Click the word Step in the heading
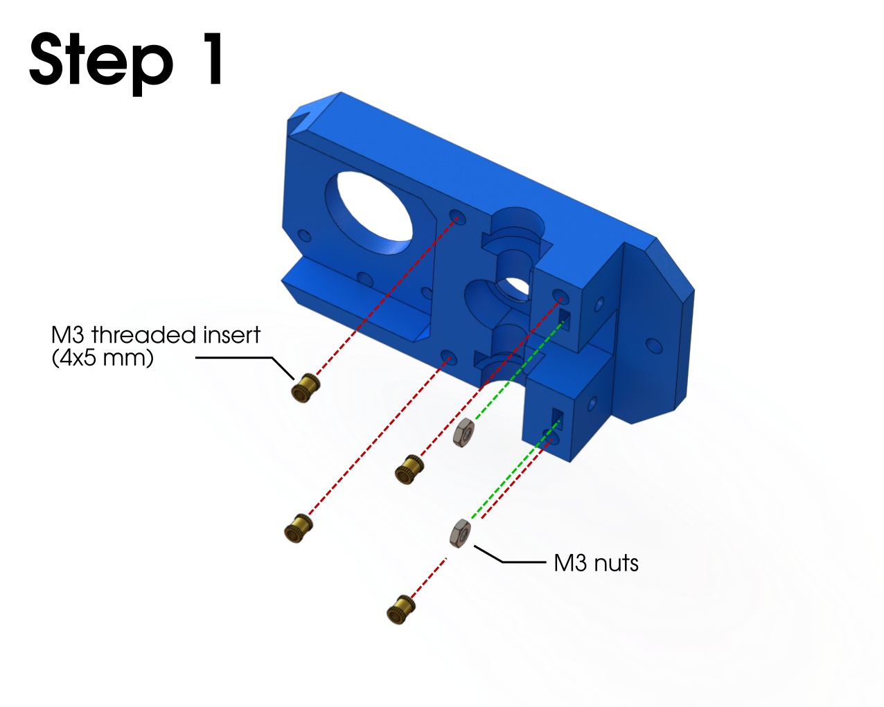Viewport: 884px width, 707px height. pos(101,63)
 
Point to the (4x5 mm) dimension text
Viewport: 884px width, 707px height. pos(103,357)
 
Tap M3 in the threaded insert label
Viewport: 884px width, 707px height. pos(67,334)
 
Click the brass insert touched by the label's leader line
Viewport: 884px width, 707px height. pos(306,388)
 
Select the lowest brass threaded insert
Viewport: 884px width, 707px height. pos(401,609)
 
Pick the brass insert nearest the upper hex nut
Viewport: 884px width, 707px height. pos(409,469)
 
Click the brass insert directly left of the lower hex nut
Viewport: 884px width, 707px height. pos(298,528)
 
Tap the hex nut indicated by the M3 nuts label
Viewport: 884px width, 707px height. pos(460,533)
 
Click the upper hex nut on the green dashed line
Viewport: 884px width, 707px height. pos(463,432)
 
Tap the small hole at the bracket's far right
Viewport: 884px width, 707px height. pos(653,346)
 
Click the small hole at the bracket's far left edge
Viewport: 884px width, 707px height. pos(304,236)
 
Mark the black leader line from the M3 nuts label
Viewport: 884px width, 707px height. pos(509,555)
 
